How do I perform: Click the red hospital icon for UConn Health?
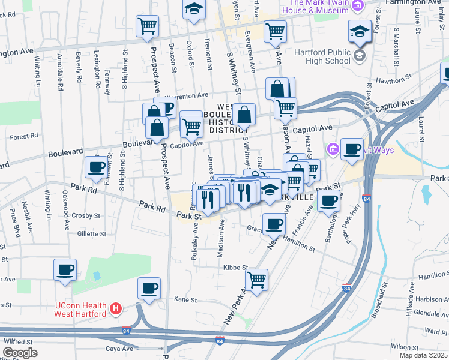click(x=116, y=310)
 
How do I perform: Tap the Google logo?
click(x=20, y=353)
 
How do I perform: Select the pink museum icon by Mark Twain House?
click(x=358, y=6)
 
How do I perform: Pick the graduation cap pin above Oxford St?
click(x=194, y=9)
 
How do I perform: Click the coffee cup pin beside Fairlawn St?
click(x=96, y=167)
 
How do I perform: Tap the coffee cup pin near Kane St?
click(x=149, y=289)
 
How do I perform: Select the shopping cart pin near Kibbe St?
click(x=256, y=279)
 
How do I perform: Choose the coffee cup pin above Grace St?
click(x=274, y=224)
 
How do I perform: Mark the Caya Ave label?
click(x=119, y=348)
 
